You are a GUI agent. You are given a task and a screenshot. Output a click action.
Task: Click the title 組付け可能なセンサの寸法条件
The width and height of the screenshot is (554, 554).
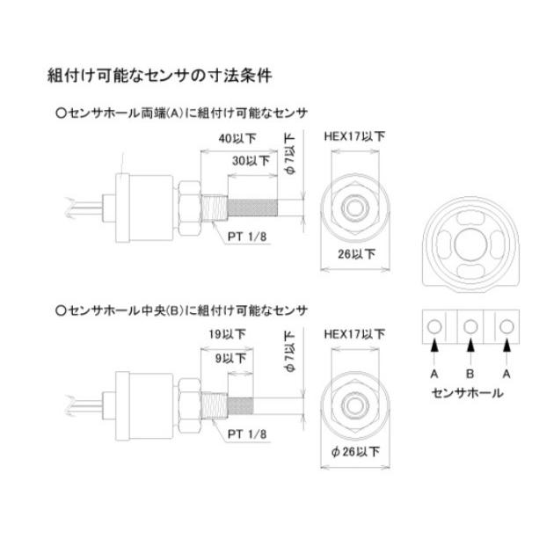(x=159, y=76)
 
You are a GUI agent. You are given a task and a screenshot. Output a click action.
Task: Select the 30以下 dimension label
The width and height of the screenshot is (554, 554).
(x=251, y=161)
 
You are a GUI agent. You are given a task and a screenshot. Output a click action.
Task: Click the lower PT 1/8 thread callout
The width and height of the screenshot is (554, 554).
(x=248, y=433)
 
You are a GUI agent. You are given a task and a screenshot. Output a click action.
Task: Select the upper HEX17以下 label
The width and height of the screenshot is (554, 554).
(x=354, y=137)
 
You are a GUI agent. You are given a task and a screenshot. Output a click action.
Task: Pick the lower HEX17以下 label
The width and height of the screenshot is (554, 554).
(x=354, y=335)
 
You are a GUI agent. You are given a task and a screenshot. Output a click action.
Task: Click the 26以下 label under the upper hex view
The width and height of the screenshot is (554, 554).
(x=357, y=255)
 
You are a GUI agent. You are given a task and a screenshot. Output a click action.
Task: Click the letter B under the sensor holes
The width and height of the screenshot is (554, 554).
(x=470, y=372)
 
